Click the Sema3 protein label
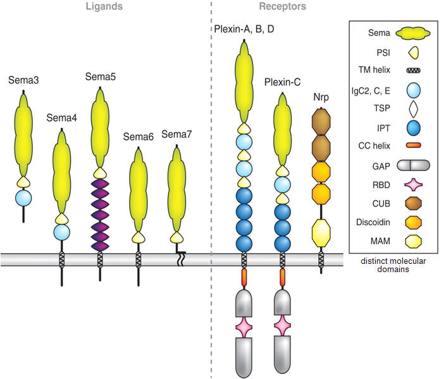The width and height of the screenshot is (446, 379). tap(23, 80)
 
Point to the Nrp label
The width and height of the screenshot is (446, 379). tap(321, 97)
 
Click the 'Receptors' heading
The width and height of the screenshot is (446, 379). tap(282, 7)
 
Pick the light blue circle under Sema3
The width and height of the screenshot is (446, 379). tap(23, 197)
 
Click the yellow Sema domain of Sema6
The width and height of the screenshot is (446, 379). tap(139, 190)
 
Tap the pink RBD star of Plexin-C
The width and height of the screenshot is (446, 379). tap(283, 327)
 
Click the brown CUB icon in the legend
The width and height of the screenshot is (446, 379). tap(413, 204)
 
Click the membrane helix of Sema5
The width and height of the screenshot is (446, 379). tap(100, 259)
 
